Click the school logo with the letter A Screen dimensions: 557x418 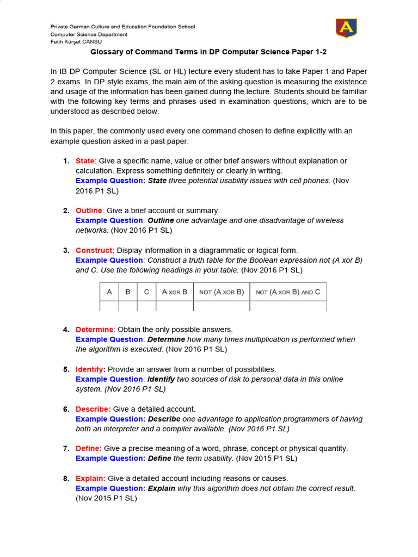click(346, 28)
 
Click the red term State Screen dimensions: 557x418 click(85, 161)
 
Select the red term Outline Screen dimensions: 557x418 click(89, 211)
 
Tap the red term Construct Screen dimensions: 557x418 click(95, 250)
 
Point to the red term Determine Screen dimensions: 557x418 click(94, 330)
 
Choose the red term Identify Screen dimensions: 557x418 click(90, 369)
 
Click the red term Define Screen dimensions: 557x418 click(88, 449)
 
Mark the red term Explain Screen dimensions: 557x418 click(90, 479)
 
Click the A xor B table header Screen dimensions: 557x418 click(175, 292)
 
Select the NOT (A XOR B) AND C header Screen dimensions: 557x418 click(288, 292)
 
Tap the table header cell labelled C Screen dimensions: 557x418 click(146, 292)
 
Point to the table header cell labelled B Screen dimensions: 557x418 click(128, 292)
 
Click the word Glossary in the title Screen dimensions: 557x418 click(107, 52)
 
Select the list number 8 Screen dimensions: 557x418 click(66, 479)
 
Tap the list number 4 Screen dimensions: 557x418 click(66, 330)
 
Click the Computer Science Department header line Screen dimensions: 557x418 click(89, 34)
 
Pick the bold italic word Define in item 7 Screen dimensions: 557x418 click(159, 459)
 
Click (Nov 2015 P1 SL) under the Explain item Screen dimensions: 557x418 click(106, 498)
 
